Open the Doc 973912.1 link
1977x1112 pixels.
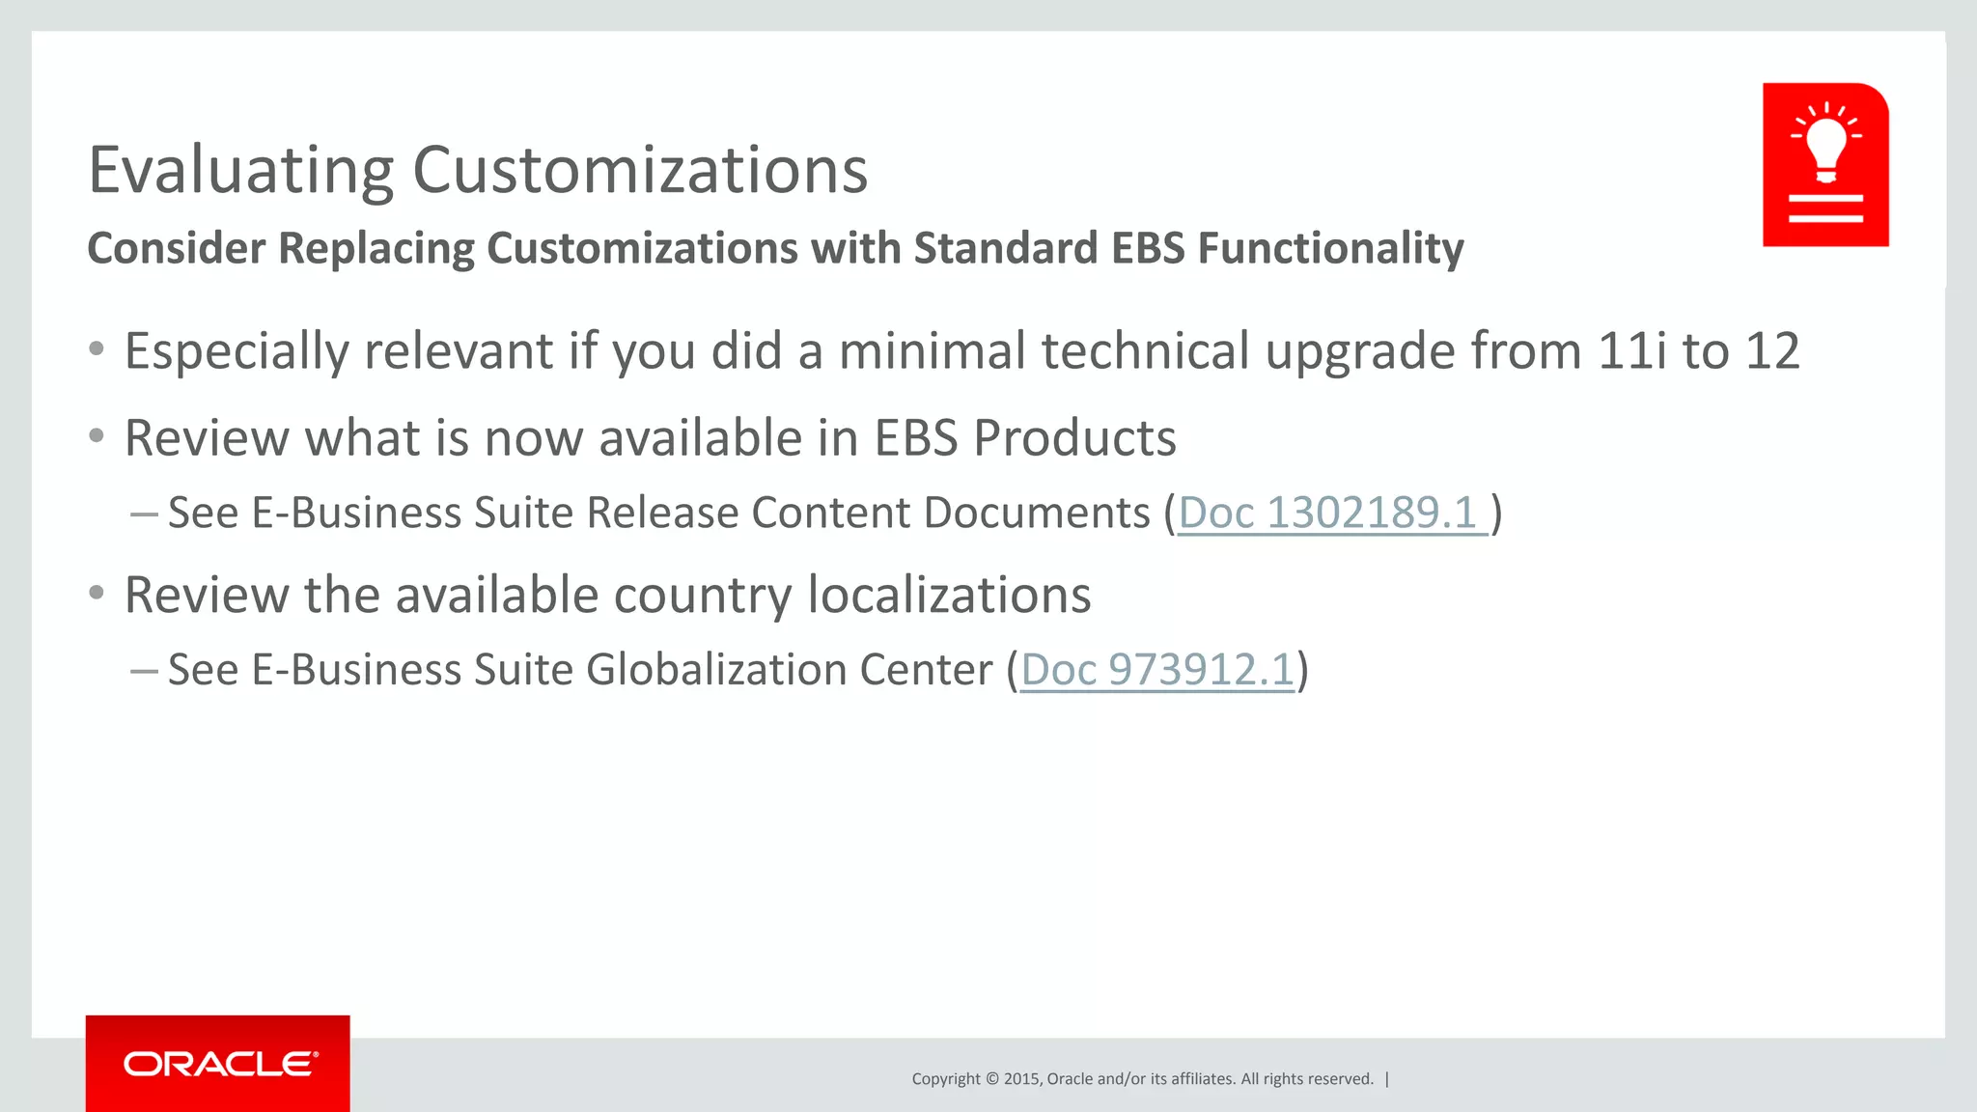(x=1156, y=670)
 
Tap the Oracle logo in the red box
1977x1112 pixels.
(x=219, y=1064)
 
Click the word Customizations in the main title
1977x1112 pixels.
(x=640, y=171)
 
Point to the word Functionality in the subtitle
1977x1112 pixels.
(x=1330, y=248)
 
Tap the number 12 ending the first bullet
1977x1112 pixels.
(x=1771, y=350)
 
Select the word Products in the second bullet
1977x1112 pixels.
(x=1074, y=438)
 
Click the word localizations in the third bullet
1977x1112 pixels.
(x=949, y=595)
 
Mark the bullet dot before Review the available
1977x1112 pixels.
(x=97, y=593)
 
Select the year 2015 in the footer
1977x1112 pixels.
(x=1020, y=1079)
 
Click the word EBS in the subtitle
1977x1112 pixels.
(x=1147, y=248)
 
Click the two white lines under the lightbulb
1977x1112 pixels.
(x=1825, y=208)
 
